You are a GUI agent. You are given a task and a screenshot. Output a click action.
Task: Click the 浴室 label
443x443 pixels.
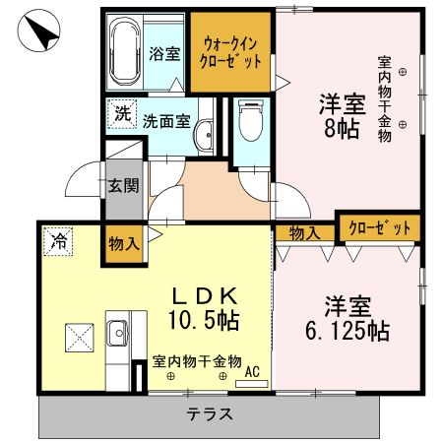tap(163, 54)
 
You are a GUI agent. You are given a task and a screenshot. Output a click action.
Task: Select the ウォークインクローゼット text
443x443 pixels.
tap(232, 52)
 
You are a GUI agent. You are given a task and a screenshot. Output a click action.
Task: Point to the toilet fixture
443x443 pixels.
tap(251, 123)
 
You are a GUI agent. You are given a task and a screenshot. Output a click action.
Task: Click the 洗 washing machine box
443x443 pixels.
tap(121, 113)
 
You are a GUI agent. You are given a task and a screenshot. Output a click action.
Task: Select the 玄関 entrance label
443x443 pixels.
tap(123, 183)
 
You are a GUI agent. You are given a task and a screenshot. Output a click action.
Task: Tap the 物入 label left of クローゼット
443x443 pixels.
tap(304, 232)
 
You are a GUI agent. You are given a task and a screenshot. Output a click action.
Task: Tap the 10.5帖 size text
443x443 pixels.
tap(206, 320)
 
